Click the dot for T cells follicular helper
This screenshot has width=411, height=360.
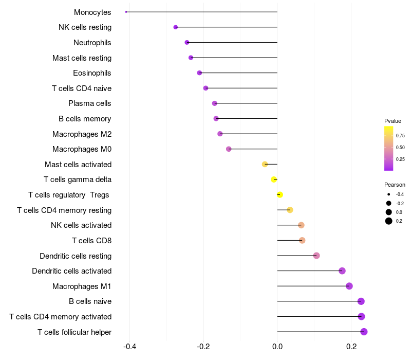(x=364, y=332)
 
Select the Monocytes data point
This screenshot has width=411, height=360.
(x=126, y=12)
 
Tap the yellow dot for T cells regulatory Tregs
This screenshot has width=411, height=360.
(x=280, y=194)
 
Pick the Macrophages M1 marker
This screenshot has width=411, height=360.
(x=349, y=286)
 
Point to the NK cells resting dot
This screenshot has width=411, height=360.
(x=176, y=27)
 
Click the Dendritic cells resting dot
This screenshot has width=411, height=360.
(x=316, y=256)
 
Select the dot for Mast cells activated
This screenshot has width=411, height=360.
(x=265, y=164)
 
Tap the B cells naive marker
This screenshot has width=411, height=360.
(x=361, y=301)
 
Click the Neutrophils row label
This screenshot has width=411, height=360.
(x=92, y=42)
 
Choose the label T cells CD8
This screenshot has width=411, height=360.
(x=91, y=240)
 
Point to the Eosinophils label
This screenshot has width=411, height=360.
(x=92, y=73)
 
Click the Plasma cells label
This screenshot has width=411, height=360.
(x=90, y=103)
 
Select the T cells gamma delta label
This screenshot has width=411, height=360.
(x=78, y=179)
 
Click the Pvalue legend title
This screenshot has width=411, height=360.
(x=393, y=121)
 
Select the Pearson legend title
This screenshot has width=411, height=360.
(x=395, y=185)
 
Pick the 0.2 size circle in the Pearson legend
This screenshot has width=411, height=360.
(x=389, y=221)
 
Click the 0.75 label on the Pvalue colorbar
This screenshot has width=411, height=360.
(x=400, y=136)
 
